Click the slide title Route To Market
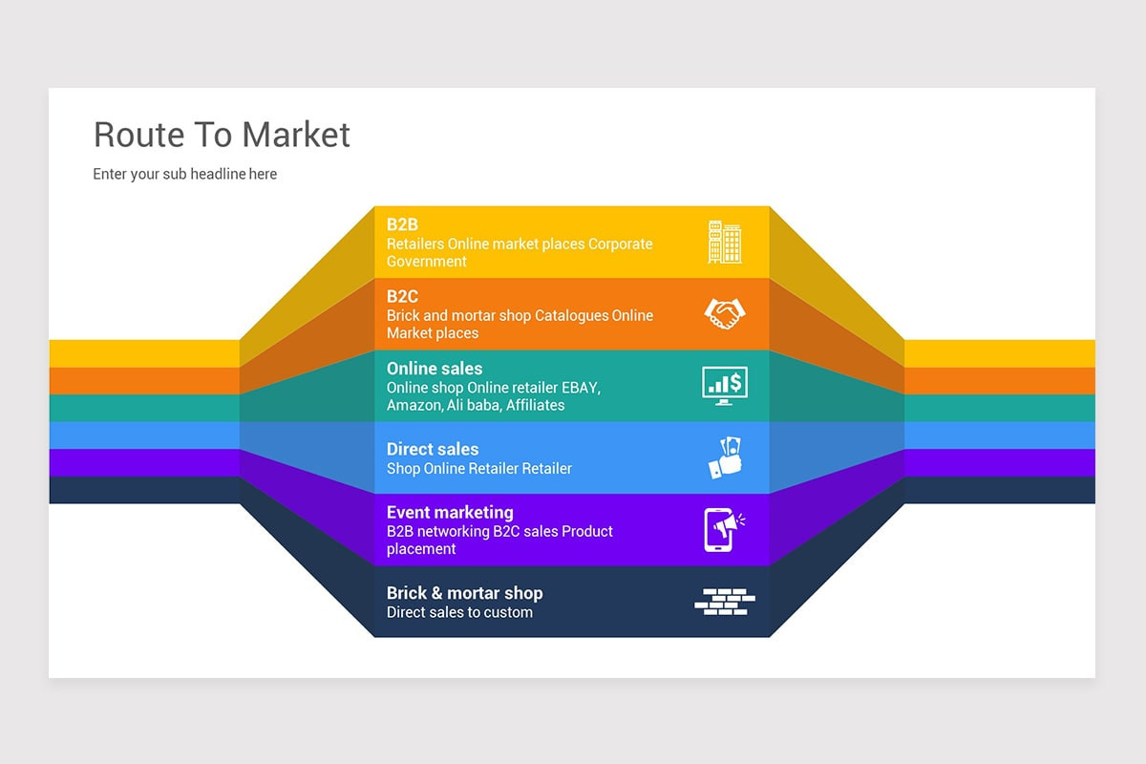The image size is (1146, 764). (x=222, y=135)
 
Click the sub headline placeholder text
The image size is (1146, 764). (x=184, y=174)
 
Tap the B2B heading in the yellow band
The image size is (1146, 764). (x=402, y=224)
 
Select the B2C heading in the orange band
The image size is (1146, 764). (x=402, y=296)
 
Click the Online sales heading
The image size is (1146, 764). (x=435, y=369)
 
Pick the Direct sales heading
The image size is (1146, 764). (x=433, y=449)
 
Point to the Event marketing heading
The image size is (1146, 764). (x=450, y=512)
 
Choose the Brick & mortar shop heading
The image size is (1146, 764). (x=464, y=593)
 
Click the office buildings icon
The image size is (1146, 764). (x=725, y=242)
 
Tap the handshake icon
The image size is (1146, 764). (x=725, y=313)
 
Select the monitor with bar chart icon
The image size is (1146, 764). (x=725, y=385)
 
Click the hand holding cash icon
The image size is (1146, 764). (x=725, y=457)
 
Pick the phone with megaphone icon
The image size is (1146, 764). (x=724, y=529)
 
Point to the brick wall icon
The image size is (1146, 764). (x=724, y=601)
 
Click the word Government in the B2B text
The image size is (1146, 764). (x=427, y=262)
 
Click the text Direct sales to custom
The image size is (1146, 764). (x=459, y=612)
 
